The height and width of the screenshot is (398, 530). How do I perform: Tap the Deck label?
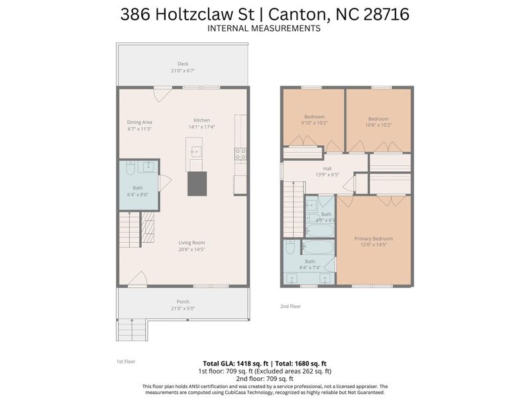(x=183, y=64)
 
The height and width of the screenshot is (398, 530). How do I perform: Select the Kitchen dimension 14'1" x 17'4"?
(x=201, y=127)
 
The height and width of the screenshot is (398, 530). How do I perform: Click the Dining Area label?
(x=140, y=122)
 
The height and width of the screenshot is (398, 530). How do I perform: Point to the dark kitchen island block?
(x=197, y=183)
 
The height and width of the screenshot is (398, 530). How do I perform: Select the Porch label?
(x=183, y=302)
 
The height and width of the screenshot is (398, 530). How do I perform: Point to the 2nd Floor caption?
(x=291, y=306)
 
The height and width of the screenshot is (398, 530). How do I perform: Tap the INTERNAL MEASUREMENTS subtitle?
(x=264, y=29)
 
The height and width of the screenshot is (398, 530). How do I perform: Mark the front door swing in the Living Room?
(x=138, y=280)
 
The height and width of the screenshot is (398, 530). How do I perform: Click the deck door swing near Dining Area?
(x=160, y=95)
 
